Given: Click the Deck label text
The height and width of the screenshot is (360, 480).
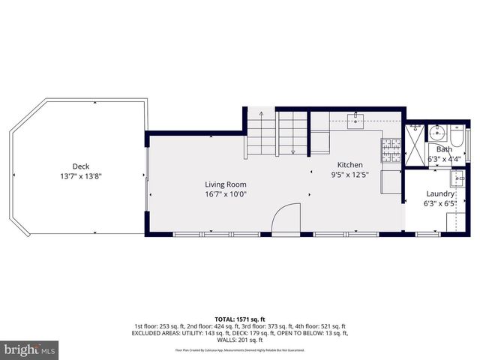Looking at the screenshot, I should [81, 166].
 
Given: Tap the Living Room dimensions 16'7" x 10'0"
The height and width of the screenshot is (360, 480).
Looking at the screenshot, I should [226, 193].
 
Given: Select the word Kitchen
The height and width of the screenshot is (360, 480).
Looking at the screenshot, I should [349, 165].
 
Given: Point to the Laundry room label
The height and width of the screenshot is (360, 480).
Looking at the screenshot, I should [440, 193].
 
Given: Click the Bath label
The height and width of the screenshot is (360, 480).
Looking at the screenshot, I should [445, 149].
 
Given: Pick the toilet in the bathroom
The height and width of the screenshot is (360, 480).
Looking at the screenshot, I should [459, 138].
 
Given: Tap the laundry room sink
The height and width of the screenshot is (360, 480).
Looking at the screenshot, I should [457, 180].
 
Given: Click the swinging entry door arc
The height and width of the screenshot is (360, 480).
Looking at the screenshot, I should [284, 220].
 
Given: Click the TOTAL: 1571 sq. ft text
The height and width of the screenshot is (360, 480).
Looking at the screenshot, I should [240, 318].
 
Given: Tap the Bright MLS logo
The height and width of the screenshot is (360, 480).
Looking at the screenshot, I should [30, 349].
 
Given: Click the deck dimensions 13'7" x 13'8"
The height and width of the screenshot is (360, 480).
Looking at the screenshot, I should [81, 176].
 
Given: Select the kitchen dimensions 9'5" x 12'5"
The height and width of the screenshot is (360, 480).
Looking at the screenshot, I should [349, 175].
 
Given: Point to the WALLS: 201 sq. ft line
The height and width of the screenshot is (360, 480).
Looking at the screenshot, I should [240, 340].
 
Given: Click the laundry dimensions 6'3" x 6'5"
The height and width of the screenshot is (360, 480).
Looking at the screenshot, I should [440, 202].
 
